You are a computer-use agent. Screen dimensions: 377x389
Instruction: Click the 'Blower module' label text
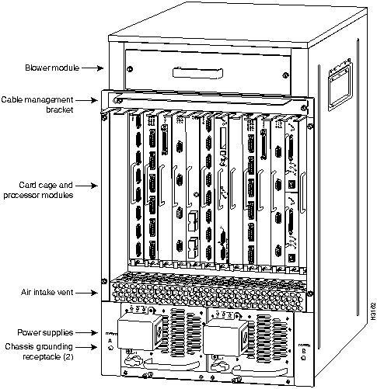pos(52,68)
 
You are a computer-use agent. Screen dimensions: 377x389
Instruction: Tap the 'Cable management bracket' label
pos(37,105)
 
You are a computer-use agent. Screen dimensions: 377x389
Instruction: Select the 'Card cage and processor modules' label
pos(38,190)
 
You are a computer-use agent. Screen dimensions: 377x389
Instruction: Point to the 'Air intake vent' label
pos(47,293)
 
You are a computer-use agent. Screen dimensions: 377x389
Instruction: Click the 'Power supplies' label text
pos(45,332)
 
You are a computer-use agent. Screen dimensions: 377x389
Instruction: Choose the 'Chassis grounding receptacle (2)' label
pos(39,352)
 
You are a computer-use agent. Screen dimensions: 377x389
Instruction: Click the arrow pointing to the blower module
pos(93,68)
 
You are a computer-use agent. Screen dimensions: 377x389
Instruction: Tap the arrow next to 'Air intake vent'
pos(86,293)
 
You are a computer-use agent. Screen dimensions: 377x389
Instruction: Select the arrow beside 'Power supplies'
pos(86,332)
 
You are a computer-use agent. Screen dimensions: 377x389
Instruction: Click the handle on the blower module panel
pos(198,73)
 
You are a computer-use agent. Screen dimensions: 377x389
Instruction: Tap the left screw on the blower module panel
pos(131,69)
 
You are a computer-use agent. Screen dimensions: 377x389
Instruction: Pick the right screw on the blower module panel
pos(285,75)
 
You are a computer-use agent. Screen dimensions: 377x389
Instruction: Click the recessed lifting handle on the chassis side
pos(340,85)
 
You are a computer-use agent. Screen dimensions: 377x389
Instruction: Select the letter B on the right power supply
pos(304,351)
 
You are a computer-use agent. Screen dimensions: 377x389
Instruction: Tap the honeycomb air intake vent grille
pos(208,293)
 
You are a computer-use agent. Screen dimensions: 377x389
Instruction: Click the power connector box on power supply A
pos(140,333)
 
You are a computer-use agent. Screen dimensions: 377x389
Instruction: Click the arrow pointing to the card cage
pos(86,186)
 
